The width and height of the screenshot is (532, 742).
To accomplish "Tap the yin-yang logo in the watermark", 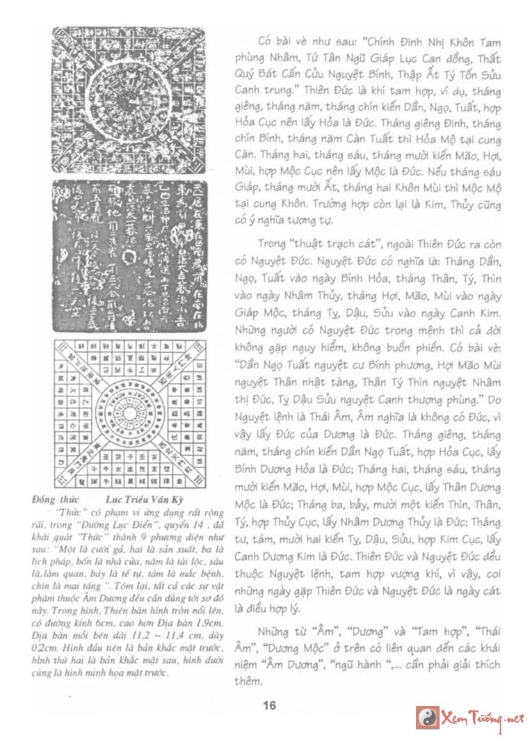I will pos(428,716).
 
